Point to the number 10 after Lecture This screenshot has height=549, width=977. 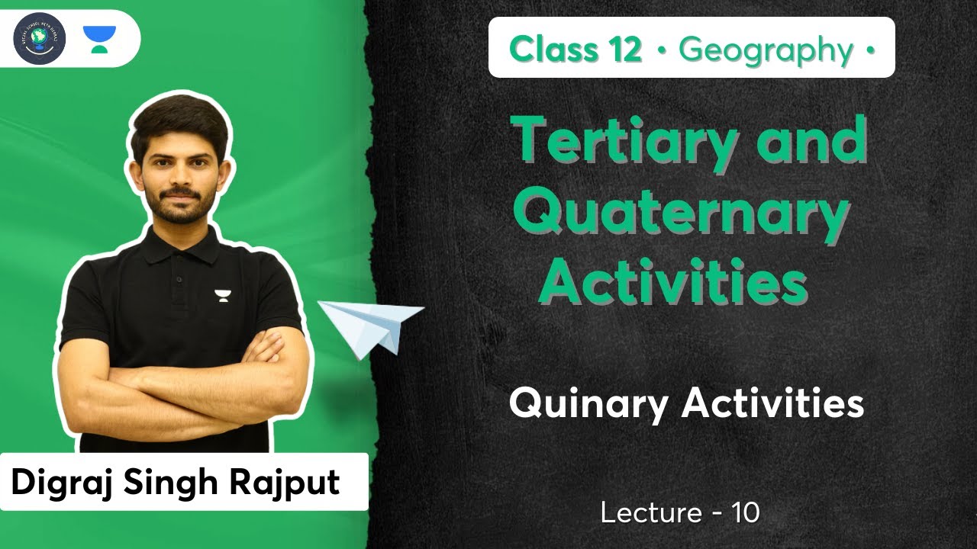point(746,513)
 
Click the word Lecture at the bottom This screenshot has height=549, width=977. point(650,513)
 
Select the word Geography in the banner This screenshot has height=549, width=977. point(766,50)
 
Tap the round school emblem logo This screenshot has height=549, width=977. point(40,38)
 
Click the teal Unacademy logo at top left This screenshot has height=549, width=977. point(99,38)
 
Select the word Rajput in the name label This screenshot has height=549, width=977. point(292,483)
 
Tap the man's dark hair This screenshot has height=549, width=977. point(180,114)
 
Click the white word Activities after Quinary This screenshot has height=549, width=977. point(772,403)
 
